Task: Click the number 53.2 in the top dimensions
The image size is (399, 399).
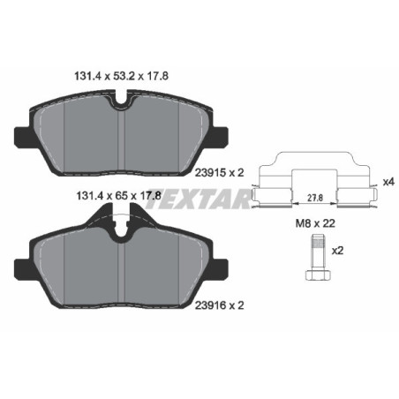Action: [125, 77]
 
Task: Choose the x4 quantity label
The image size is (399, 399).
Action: [388, 181]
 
